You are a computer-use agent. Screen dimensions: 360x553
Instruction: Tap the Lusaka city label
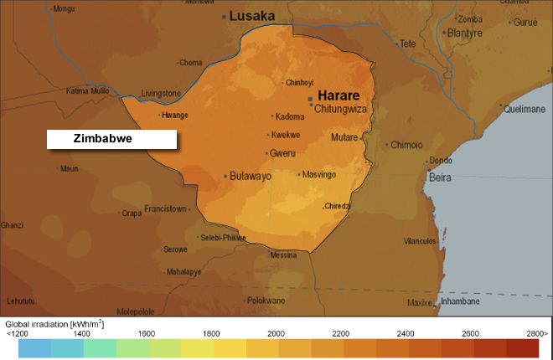point(253,15)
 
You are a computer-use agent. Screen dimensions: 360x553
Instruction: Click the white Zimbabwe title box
point(111,139)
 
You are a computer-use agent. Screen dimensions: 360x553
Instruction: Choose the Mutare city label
point(344,137)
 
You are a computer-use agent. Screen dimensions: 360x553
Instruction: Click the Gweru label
point(282,153)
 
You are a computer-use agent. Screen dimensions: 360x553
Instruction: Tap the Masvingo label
point(319,174)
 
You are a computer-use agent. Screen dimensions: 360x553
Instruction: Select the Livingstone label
point(161,93)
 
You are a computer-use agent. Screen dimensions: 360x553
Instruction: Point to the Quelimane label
point(525,108)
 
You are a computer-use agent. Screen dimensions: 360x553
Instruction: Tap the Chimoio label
point(406,145)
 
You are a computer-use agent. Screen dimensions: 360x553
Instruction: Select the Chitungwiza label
point(342,107)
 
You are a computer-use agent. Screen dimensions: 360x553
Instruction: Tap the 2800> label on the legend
point(536,333)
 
